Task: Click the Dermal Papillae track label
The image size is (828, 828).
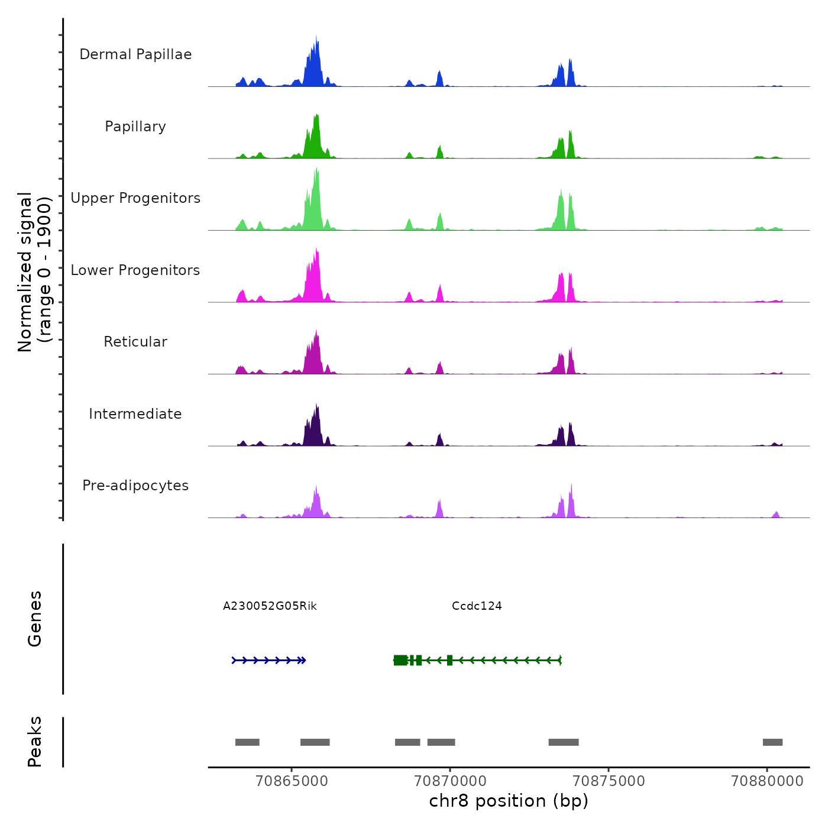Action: [135, 54]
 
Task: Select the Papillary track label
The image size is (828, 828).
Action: [135, 127]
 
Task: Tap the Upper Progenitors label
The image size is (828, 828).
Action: [135, 198]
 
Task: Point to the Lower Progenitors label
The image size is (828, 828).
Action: [135, 270]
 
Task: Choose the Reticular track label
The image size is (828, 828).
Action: [135, 342]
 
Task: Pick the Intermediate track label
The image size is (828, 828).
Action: [135, 414]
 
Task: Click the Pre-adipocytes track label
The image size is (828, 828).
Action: [135, 486]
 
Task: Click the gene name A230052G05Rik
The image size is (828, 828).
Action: [270, 606]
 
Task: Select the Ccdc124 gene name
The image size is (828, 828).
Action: [477, 606]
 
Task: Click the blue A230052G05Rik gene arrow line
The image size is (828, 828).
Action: [269, 660]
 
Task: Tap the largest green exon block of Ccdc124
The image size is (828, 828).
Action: [400, 660]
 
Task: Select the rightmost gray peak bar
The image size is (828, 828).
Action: [772, 742]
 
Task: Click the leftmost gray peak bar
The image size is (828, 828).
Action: [247, 742]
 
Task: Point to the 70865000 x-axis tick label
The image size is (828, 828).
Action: [292, 781]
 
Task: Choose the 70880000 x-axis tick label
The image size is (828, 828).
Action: [767, 781]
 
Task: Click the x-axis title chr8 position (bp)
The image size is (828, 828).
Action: [509, 801]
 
